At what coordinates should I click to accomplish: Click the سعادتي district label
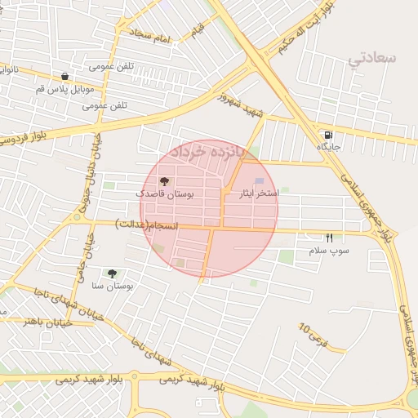click(x=371, y=59)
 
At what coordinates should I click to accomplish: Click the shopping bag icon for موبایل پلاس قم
click(x=64, y=76)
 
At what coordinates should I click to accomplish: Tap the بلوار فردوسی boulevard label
click(x=29, y=140)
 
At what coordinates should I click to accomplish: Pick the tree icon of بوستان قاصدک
click(x=164, y=182)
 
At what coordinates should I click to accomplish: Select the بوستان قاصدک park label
click(x=164, y=194)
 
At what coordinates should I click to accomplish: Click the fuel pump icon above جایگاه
click(x=328, y=136)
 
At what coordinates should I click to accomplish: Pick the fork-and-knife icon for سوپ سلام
click(x=329, y=238)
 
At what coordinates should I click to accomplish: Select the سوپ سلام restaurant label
click(x=328, y=250)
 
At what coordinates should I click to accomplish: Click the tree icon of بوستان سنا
click(x=112, y=273)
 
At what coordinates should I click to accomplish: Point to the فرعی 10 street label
click(x=312, y=334)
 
